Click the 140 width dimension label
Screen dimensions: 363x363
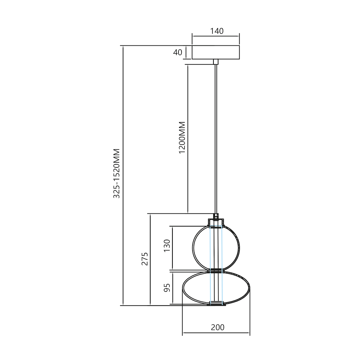point(217,31)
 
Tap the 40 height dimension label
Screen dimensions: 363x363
point(177,52)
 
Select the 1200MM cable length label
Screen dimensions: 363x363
point(182,137)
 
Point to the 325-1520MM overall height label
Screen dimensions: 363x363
point(117,173)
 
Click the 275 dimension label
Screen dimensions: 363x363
point(145,259)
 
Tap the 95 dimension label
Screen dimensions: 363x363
point(167,288)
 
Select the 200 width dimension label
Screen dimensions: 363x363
point(217,327)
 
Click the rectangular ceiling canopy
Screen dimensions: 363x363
point(215,52)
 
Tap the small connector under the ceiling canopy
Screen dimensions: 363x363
point(216,62)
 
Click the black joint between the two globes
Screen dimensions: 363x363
point(216,270)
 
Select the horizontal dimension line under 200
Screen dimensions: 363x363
point(216,333)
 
